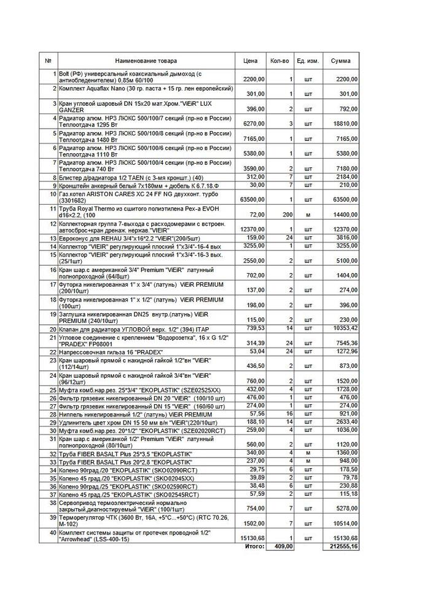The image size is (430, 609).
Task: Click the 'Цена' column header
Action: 251,61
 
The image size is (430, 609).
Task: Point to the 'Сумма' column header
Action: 340,61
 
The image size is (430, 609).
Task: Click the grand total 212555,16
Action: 344,546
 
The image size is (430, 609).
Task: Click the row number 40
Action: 52,532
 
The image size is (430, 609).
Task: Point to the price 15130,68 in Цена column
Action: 252,538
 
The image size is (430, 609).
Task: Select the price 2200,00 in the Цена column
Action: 254,79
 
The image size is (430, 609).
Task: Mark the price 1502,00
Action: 255,523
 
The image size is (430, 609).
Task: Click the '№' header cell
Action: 49,61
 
